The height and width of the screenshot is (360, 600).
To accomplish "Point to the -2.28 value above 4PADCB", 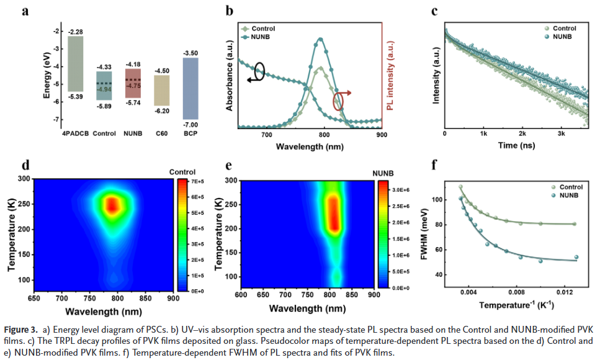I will click(76, 32).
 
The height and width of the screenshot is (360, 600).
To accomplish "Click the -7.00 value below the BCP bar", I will click(190, 124).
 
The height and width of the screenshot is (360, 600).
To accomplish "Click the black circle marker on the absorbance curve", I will click(258, 72).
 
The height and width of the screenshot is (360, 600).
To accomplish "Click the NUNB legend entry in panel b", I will click(264, 37).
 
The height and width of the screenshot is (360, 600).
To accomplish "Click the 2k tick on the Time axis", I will click(522, 134).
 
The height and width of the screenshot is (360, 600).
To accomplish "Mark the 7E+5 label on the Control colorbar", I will click(198, 181).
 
